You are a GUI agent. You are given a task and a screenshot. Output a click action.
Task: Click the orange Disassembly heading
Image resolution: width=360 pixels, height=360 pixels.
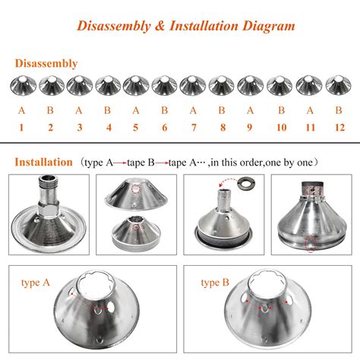point(46,64)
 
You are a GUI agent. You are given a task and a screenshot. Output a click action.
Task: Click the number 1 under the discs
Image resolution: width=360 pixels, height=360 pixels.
point(21,127)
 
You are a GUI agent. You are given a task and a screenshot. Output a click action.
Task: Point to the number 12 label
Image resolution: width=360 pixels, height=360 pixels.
point(338,127)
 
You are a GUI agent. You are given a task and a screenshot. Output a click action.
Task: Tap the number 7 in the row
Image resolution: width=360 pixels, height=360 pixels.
point(194,127)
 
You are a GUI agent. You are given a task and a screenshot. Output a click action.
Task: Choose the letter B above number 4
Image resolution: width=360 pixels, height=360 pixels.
point(108,110)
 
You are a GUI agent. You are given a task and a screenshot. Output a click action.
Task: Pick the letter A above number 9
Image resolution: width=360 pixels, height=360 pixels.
point(251,110)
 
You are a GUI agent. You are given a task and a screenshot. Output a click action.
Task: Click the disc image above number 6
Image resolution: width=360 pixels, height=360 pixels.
point(165,85)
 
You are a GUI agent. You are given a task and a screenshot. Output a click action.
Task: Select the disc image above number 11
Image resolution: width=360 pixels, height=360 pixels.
point(308,85)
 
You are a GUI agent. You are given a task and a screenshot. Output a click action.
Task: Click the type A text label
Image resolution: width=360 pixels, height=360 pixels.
point(37,283)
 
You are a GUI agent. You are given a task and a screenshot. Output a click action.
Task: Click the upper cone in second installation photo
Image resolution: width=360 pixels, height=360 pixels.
point(136,193)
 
